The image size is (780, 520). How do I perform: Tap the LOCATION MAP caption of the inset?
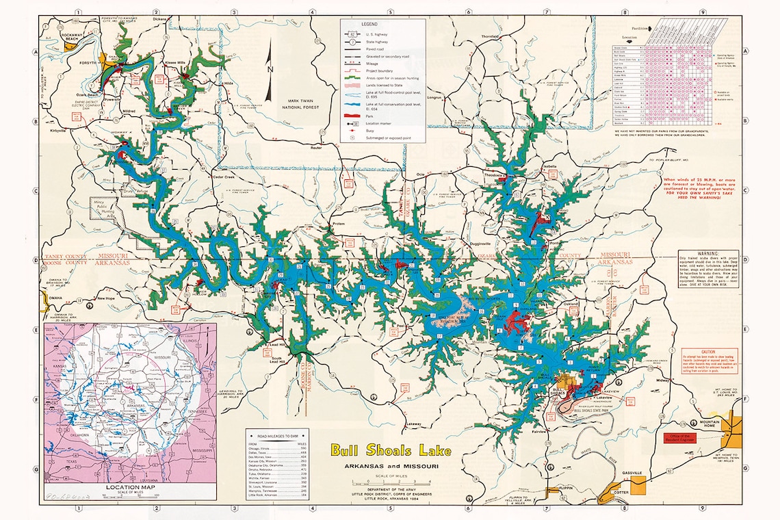(130, 487)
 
